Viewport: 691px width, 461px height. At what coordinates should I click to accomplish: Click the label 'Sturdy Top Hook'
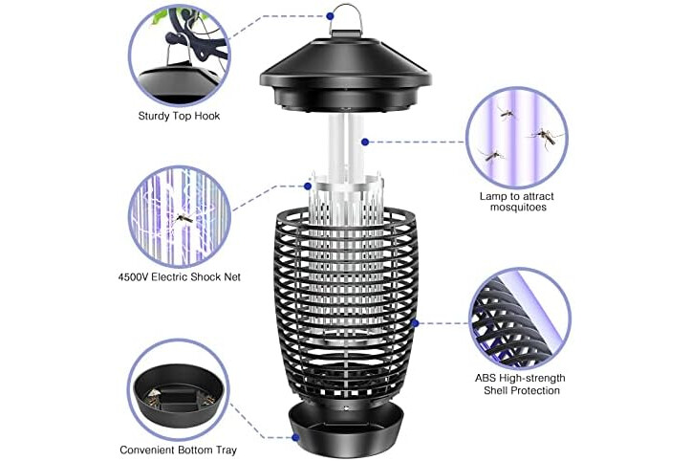point(179,116)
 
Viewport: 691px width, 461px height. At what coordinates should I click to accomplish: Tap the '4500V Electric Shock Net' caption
point(180,277)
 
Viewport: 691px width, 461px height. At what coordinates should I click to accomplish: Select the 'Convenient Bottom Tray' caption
point(178,450)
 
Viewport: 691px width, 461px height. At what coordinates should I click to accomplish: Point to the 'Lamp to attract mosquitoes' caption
point(517,202)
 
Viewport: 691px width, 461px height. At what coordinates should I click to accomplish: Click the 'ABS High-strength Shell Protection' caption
point(520,384)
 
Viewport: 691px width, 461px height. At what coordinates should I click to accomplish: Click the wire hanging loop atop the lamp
point(345,17)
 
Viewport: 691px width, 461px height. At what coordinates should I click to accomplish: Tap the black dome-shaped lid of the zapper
point(346,73)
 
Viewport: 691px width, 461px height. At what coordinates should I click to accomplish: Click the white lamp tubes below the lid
point(346,145)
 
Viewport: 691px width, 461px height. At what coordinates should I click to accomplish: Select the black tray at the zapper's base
point(346,430)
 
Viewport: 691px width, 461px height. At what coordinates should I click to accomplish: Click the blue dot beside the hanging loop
point(330,16)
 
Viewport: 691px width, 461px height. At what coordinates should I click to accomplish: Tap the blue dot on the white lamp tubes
point(365,143)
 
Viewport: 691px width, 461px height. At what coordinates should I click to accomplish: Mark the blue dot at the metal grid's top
point(308,187)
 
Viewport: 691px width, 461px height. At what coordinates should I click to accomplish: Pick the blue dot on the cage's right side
point(415,323)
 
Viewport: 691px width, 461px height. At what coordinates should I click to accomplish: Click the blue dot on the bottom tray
point(295,438)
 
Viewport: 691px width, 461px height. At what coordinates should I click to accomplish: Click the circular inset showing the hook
point(180,55)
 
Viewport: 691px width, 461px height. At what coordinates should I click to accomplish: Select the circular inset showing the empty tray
point(179,389)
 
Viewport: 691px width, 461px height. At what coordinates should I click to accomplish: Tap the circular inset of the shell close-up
point(520,318)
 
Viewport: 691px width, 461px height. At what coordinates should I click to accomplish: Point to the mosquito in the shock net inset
point(185,217)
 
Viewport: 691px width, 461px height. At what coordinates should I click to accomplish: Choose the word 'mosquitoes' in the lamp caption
point(518,208)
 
